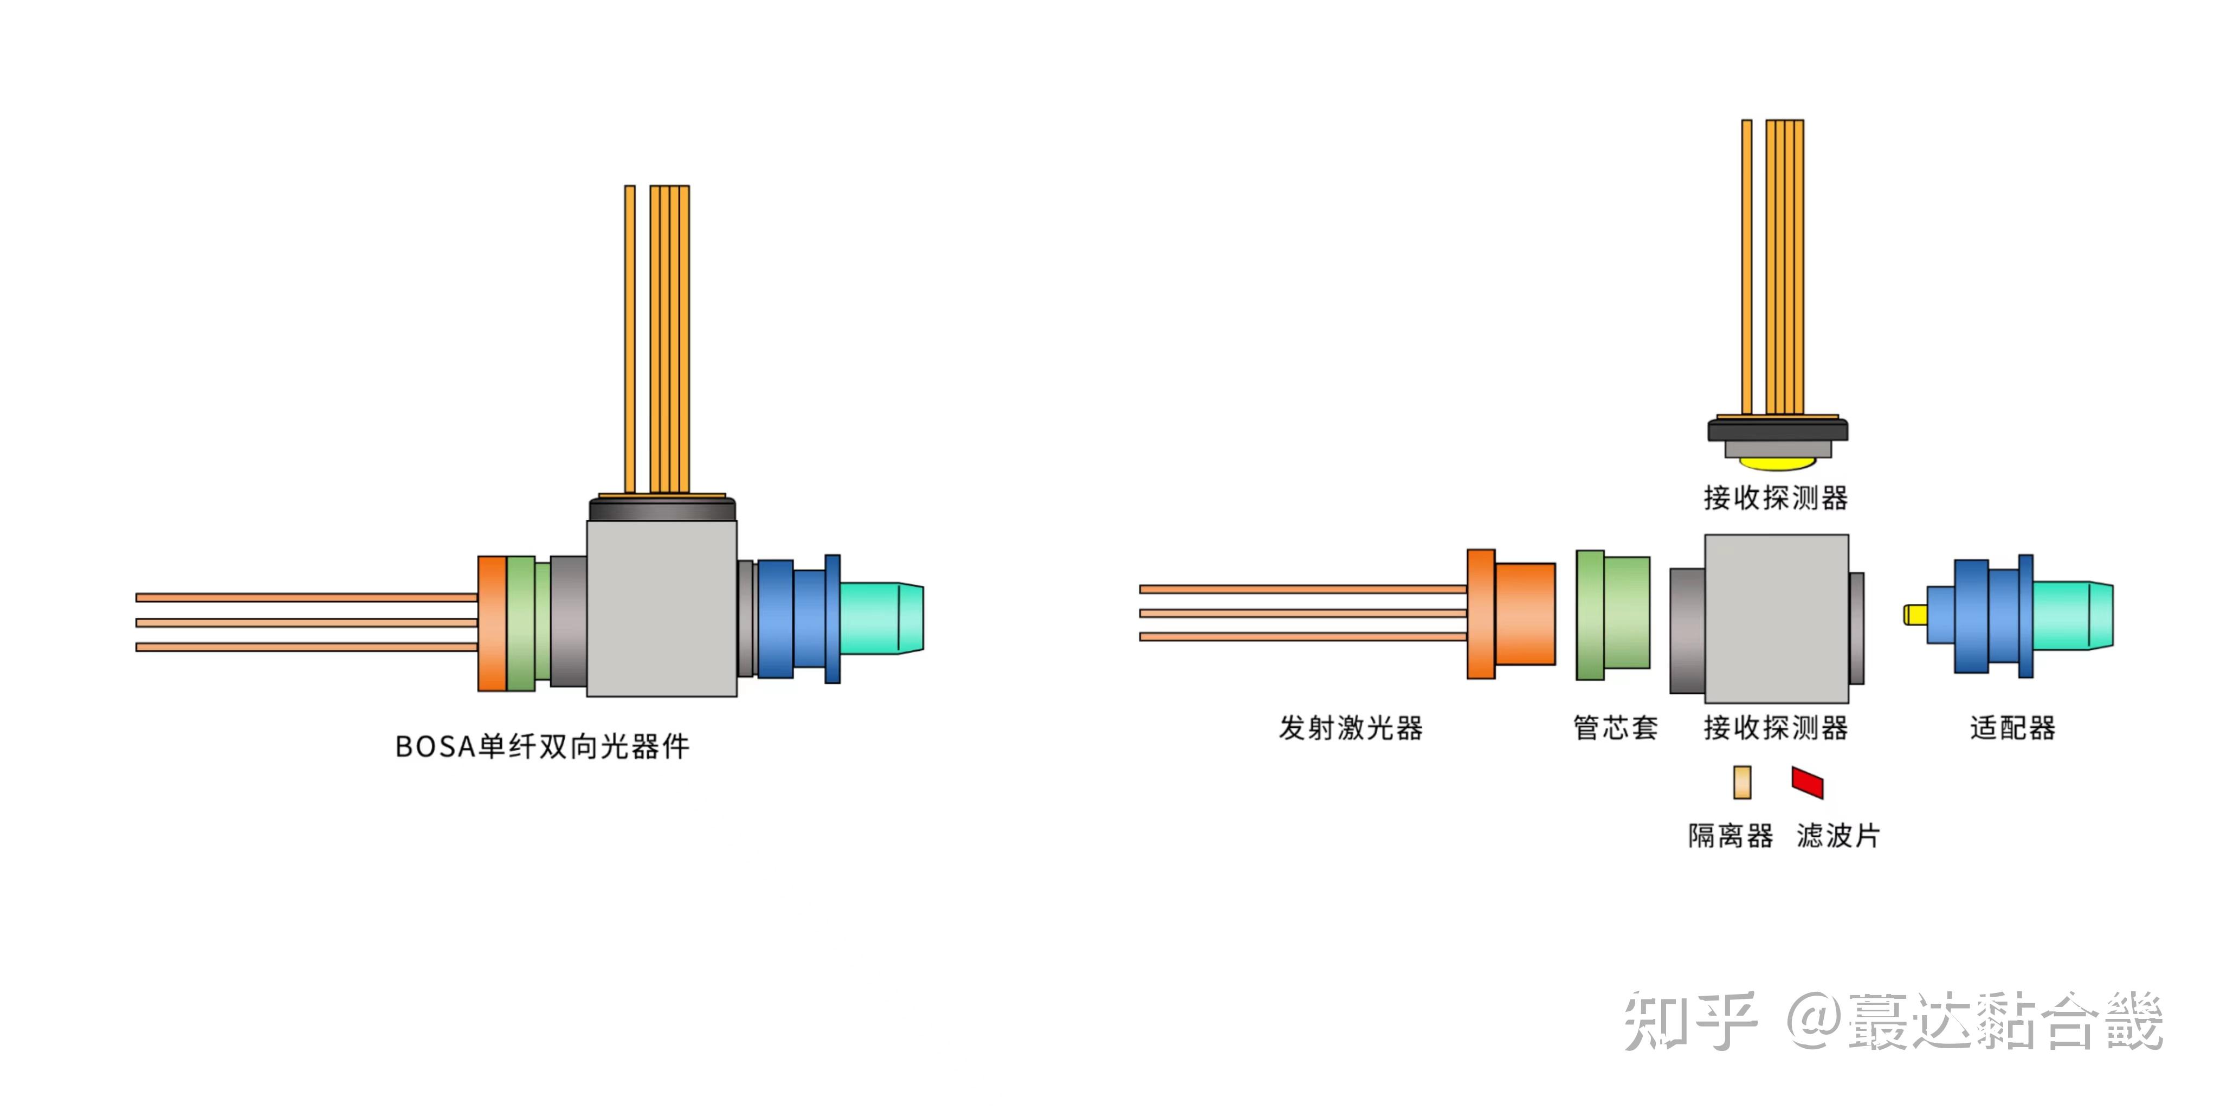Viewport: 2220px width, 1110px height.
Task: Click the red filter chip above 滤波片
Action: click(x=1807, y=782)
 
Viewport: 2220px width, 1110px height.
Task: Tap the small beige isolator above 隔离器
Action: click(x=1742, y=782)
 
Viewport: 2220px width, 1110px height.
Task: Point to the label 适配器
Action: click(x=2012, y=728)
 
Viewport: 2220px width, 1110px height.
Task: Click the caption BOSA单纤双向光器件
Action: click(x=542, y=746)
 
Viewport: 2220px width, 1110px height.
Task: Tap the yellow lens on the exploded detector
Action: click(x=1777, y=463)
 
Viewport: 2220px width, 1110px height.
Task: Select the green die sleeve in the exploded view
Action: click(x=1612, y=615)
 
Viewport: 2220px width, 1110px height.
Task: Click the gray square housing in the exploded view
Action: click(x=1776, y=618)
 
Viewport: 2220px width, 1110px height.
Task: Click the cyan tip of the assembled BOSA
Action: click(x=881, y=618)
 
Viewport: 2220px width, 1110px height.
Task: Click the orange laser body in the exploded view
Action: click(x=1524, y=614)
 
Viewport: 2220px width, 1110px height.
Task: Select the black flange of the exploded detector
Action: click(x=1777, y=430)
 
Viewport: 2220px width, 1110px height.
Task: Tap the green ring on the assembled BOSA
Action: click(x=520, y=623)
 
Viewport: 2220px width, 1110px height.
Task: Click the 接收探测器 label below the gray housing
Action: click(x=1776, y=728)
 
